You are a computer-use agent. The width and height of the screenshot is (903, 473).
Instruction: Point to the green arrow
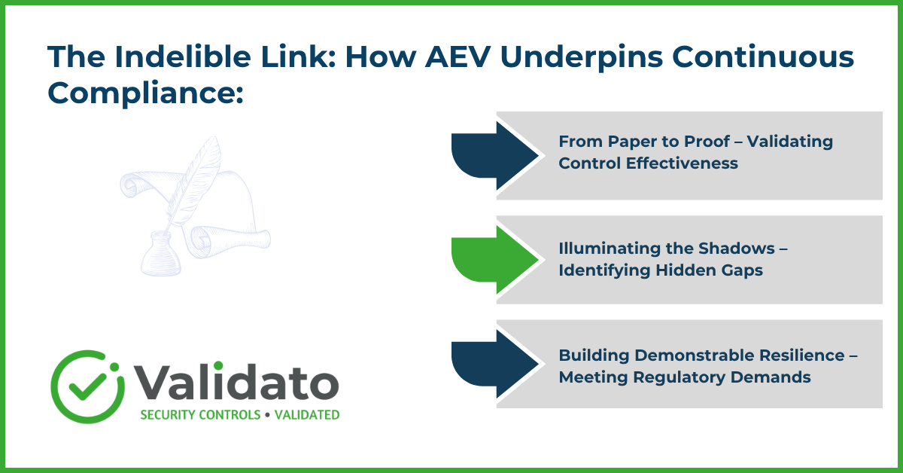(494, 260)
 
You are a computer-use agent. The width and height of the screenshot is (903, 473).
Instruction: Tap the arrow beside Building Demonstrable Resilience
(494, 364)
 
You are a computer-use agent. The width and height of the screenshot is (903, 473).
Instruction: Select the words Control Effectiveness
(648, 163)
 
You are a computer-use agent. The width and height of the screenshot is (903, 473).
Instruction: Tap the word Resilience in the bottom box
(800, 356)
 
